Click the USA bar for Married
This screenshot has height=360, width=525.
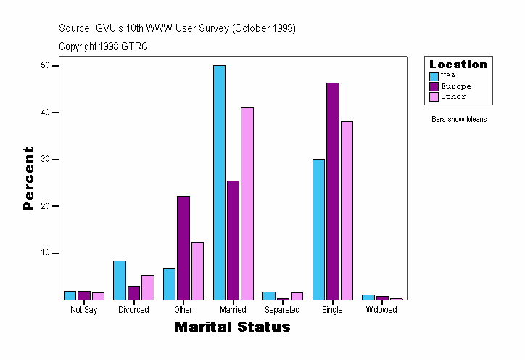(x=219, y=182)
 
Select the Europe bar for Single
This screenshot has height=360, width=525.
(x=333, y=191)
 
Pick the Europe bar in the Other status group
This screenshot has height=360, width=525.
(x=183, y=247)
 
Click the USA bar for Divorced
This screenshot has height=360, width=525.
(x=120, y=280)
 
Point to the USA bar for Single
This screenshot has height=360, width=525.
(x=318, y=229)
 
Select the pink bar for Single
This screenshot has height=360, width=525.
(x=347, y=210)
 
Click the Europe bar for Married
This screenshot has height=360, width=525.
(x=233, y=240)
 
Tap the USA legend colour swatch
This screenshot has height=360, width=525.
(x=434, y=76)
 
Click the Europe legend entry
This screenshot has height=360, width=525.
(x=455, y=86)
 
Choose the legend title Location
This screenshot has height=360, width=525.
(x=458, y=65)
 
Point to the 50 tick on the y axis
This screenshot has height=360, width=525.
(x=45, y=65)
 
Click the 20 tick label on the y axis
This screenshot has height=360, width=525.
(x=45, y=206)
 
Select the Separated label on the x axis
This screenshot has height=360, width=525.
(x=283, y=310)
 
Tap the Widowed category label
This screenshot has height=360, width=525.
(x=381, y=310)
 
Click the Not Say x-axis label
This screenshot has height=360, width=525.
(x=83, y=310)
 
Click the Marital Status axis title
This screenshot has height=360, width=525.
(x=233, y=327)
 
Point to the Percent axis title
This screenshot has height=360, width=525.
(x=29, y=179)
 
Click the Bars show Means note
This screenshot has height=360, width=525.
(x=459, y=120)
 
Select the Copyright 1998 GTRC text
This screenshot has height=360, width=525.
(x=104, y=46)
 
